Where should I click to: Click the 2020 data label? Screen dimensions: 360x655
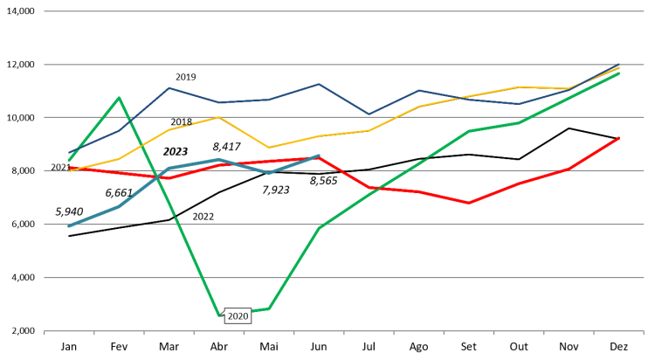pyautogui.click(x=238, y=316)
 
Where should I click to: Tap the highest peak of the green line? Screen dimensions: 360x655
pyautogui.click(x=119, y=97)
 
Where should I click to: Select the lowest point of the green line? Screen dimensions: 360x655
pyautogui.click(x=219, y=315)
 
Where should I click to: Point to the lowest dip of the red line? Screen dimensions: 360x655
pyautogui.click(x=469, y=203)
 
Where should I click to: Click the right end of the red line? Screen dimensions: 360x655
pyautogui.click(x=619, y=137)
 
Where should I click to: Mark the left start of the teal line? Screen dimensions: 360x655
pyautogui.click(x=69, y=225)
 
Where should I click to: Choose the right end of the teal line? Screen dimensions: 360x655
pyautogui.click(x=319, y=156)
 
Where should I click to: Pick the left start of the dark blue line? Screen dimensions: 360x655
pyautogui.click(x=69, y=153)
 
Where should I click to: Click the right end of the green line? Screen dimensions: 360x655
pyautogui.click(x=619, y=73)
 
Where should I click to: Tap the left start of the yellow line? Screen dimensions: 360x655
pyautogui.click(x=69, y=171)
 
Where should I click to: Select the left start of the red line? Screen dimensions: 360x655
pyautogui.click(x=69, y=168)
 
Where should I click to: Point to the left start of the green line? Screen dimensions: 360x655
pyautogui.click(x=69, y=160)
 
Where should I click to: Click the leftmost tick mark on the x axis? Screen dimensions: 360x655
pyautogui.click(x=45, y=333)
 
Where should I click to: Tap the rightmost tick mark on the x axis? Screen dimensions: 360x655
pyautogui.click(x=644, y=333)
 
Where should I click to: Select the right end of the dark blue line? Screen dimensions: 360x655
pyautogui.click(x=619, y=65)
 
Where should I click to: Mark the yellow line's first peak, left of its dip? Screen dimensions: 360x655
pyautogui.click(x=219, y=117)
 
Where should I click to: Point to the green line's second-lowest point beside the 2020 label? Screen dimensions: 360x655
pyautogui.click(x=269, y=308)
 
